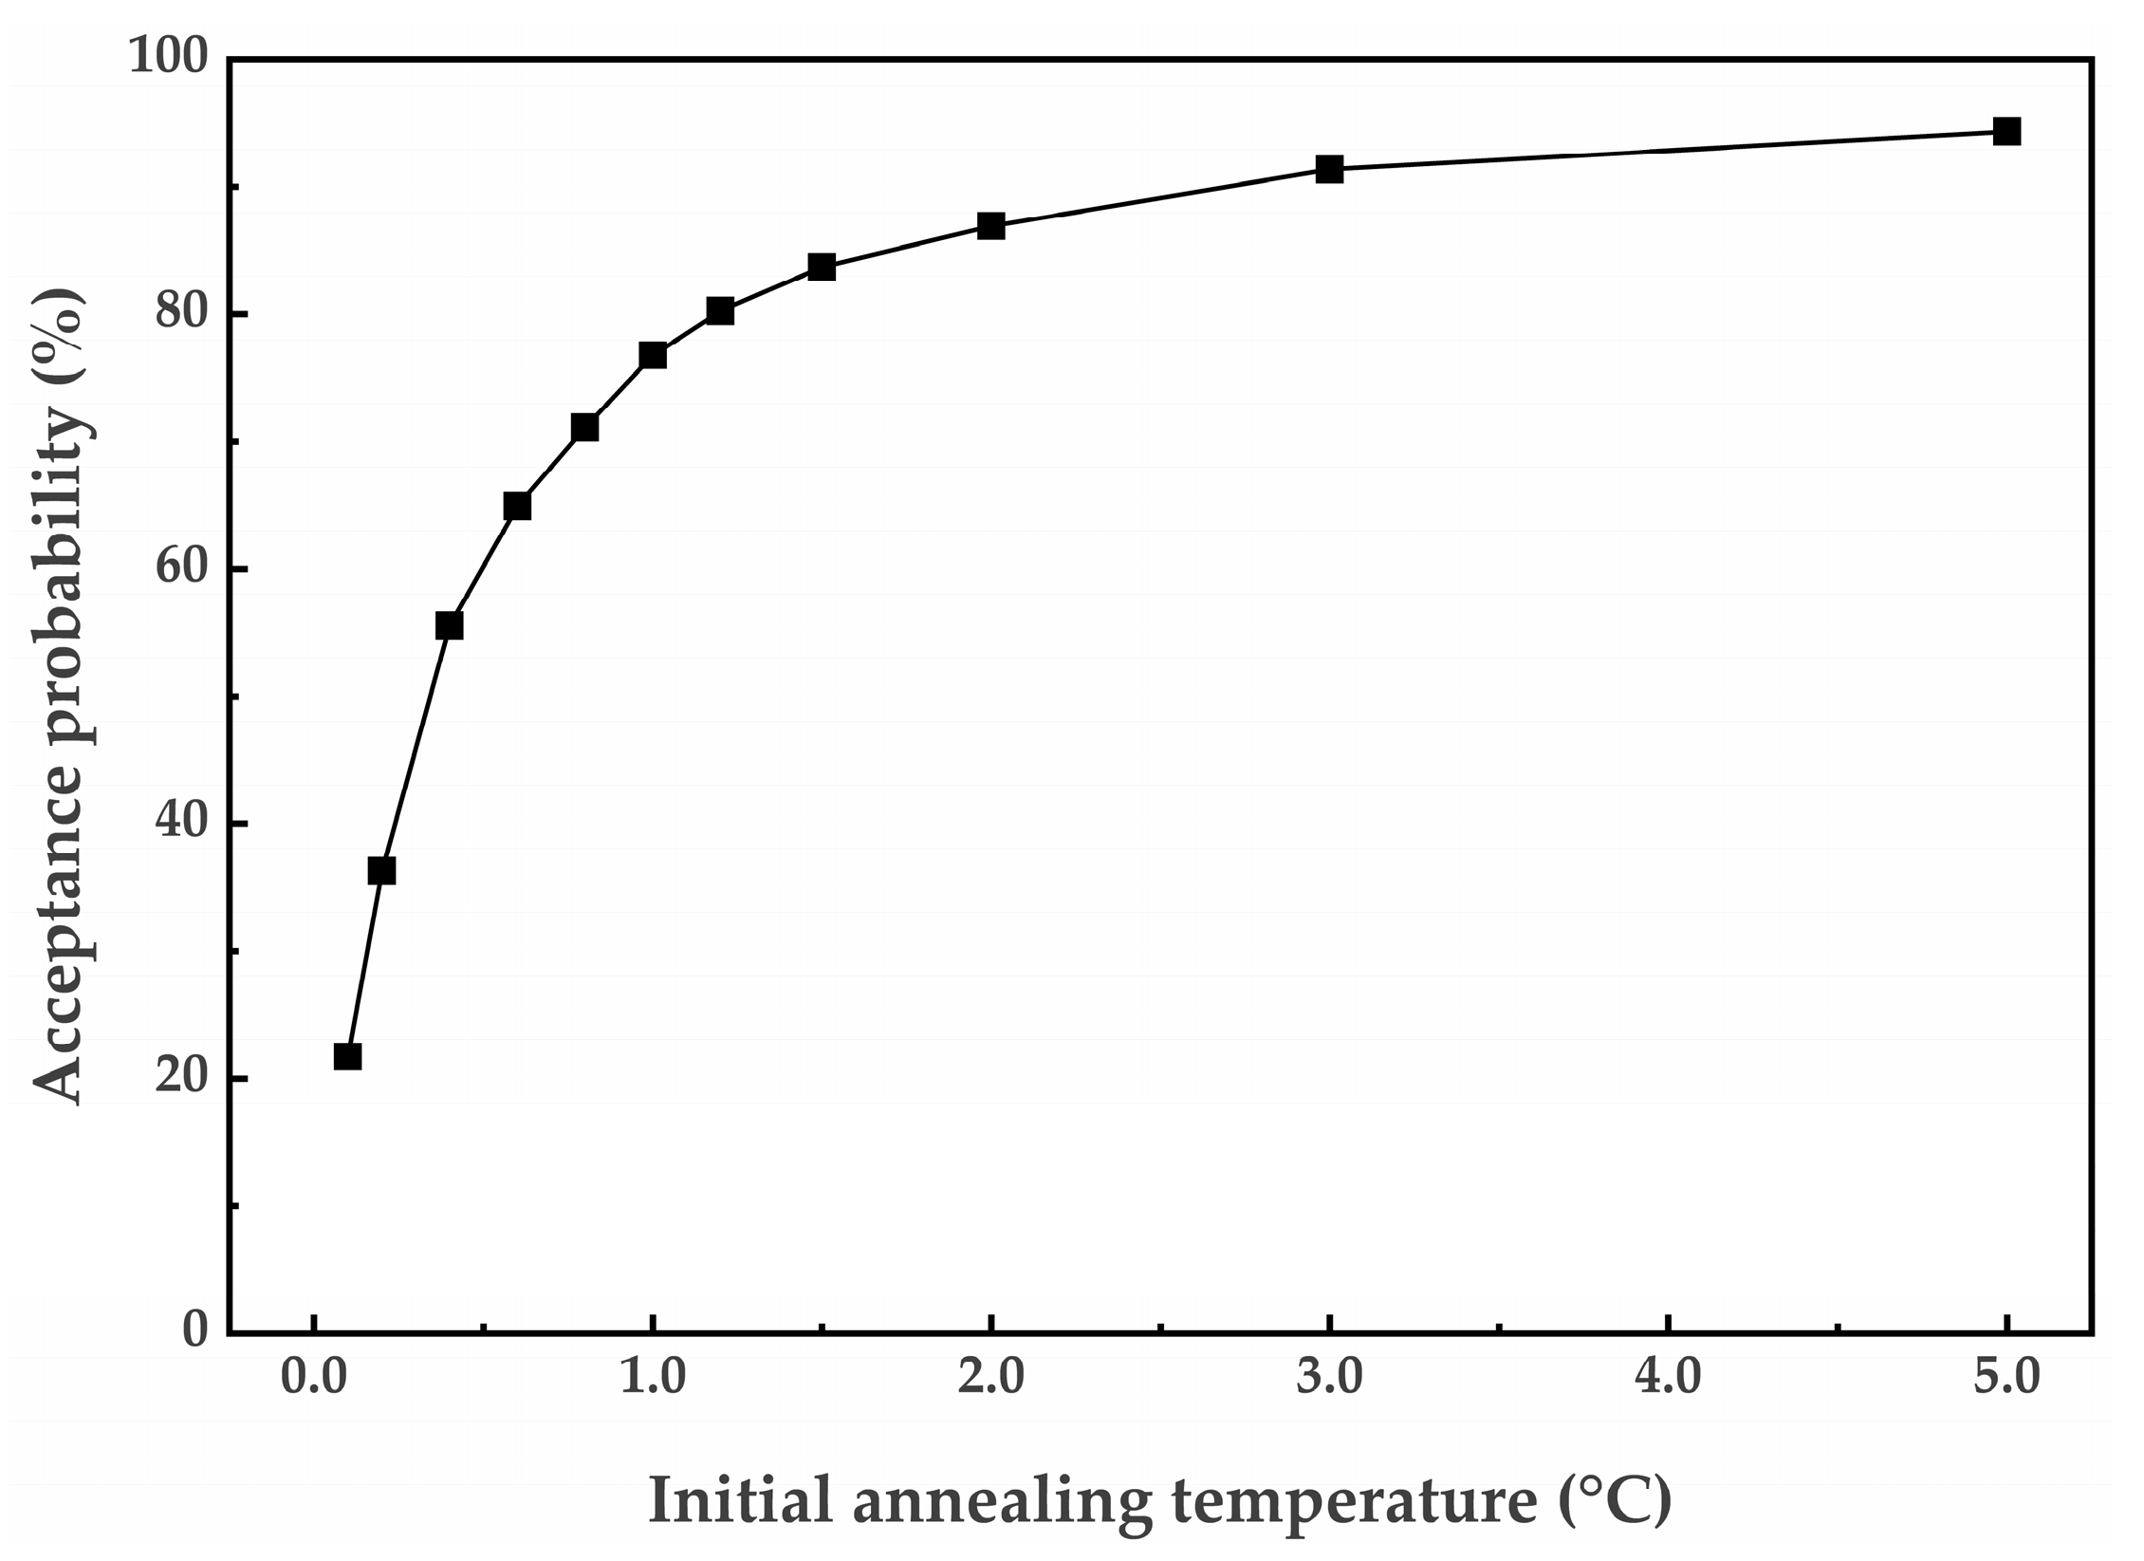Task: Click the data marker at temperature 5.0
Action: (2006, 132)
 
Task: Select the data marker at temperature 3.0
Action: (1329, 170)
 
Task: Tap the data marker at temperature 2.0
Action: (990, 226)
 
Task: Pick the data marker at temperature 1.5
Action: (822, 267)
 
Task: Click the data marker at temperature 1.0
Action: (652, 356)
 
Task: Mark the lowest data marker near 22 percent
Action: (347, 1056)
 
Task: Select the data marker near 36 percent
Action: (381, 870)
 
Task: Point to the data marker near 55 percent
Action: (449, 625)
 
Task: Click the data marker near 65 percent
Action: (517, 506)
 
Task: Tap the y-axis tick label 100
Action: (168, 57)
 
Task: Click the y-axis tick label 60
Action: (181, 567)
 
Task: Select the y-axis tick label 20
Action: (181, 1076)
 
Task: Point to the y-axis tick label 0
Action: (195, 1329)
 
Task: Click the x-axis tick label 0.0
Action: (313, 1377)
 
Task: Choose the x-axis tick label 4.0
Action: (1668, 1377)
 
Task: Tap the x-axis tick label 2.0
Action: (990, 1377)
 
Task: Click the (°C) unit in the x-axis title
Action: (1614, 1500)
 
